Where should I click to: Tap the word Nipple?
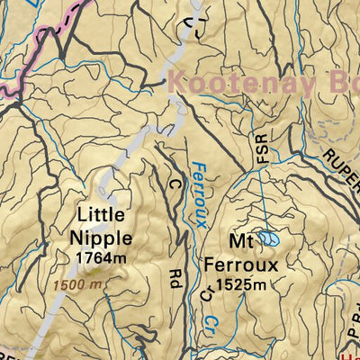[x=101, y=238]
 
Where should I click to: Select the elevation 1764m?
[x=100, y=258]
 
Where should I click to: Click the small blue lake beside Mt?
[x=268, y=238]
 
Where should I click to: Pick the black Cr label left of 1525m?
[x=206, y=292]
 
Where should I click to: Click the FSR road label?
[x=262, y=148]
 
